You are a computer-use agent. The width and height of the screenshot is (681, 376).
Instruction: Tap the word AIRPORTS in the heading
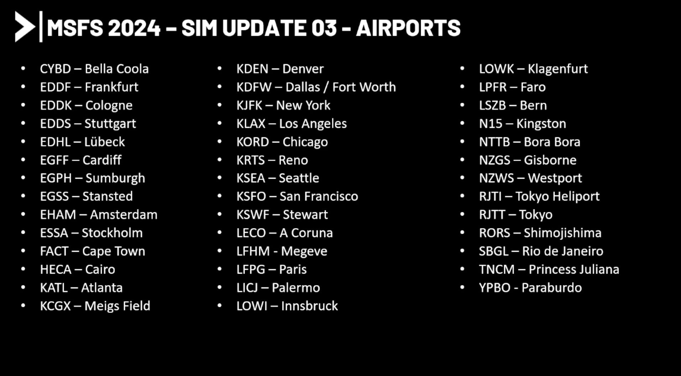408,28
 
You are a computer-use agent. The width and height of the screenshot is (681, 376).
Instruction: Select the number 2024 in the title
134,28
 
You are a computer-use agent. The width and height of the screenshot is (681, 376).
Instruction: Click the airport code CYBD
56,69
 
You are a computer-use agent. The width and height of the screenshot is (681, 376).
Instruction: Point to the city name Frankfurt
111,87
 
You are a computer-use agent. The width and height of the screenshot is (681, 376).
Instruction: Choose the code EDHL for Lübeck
55,142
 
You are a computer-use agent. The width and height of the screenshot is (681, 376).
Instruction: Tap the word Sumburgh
115,178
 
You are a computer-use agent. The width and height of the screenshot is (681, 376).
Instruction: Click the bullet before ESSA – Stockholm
23,233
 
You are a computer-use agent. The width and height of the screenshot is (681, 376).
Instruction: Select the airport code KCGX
56,306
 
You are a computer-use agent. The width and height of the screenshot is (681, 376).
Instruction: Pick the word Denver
303,69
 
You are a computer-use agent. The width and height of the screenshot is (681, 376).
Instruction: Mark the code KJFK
249,105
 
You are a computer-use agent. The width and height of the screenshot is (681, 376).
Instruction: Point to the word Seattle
299,178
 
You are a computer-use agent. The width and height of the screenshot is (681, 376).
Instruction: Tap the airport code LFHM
253,251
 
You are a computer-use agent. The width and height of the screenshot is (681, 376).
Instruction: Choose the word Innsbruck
309,306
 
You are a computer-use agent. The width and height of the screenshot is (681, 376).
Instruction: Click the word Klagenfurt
557,69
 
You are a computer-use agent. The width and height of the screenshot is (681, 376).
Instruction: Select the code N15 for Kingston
491,124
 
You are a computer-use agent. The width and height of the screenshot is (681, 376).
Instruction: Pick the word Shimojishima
562,233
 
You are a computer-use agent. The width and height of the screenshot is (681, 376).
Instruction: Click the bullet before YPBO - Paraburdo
462,287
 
